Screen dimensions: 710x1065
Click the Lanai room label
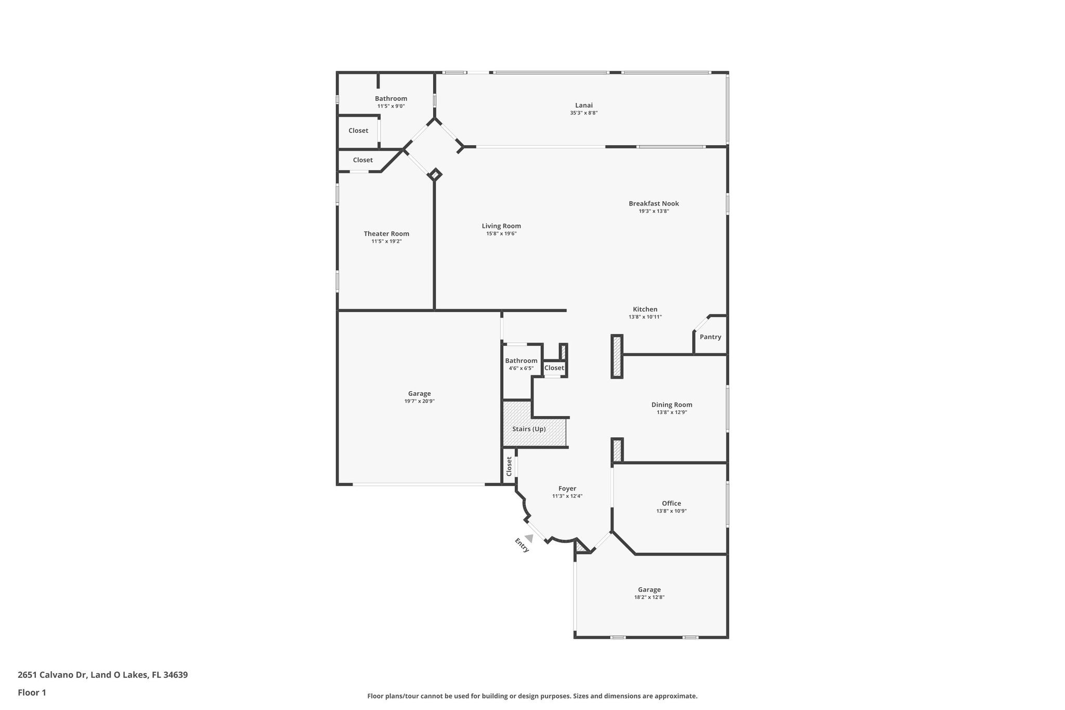(583, 105)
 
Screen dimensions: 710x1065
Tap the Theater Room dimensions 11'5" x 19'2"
(386, 241)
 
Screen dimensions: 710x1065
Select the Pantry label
(710, 337)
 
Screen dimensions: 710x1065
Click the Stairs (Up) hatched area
(529, 429)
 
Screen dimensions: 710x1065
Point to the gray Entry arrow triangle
(529, 538)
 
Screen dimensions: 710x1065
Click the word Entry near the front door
(522, 546)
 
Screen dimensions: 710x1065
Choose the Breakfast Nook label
(654, 204)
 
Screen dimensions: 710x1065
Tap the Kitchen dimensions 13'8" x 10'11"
(645, 317)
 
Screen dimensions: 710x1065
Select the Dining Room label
(671, 405)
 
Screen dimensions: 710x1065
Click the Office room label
(671, 503)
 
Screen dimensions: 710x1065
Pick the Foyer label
(567, 488)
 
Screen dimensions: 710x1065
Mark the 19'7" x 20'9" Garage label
(419, 401)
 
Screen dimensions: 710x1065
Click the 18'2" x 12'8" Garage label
(649, 597)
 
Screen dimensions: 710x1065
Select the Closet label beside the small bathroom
(554, 368)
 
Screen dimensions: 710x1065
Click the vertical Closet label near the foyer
(509, 466)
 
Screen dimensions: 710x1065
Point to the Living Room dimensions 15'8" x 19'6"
(501, 234)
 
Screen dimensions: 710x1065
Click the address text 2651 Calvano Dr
(51, 675)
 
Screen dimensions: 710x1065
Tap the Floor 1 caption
(32, 692)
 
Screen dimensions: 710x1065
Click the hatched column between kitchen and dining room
(617, 356)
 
